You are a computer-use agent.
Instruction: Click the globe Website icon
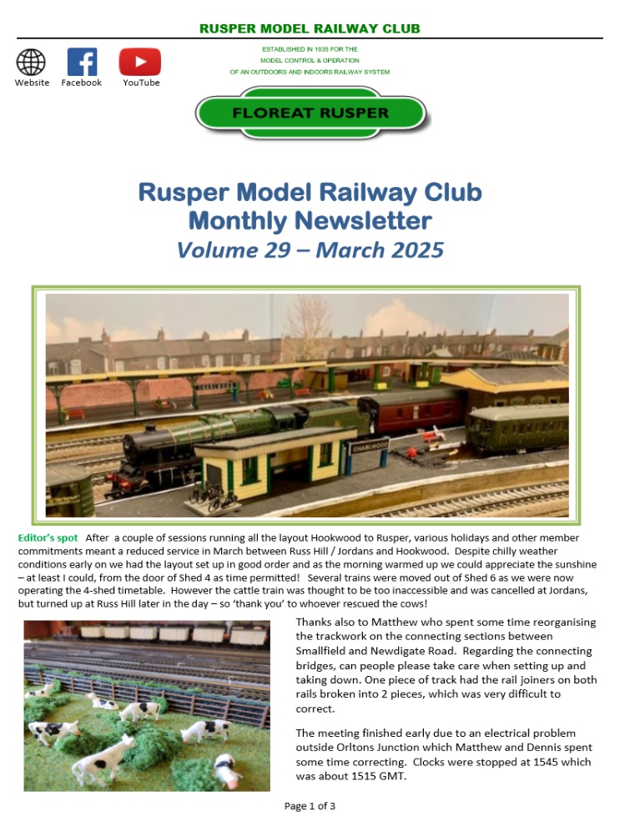(x=31, y=63)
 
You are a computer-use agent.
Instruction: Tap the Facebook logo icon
(x=82, y=63)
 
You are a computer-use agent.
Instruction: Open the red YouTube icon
(x=139, y=63)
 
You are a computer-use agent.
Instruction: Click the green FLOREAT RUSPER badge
(x=310, y=113)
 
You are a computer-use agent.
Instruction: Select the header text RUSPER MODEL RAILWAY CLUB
(x=310, y=28)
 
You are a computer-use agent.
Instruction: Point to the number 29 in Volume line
(x=271, y=250)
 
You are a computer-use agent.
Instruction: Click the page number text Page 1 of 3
(x=310, y=806)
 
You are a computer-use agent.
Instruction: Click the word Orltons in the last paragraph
(x=360, y=748)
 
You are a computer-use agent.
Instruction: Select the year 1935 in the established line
(x=313, y=49)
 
